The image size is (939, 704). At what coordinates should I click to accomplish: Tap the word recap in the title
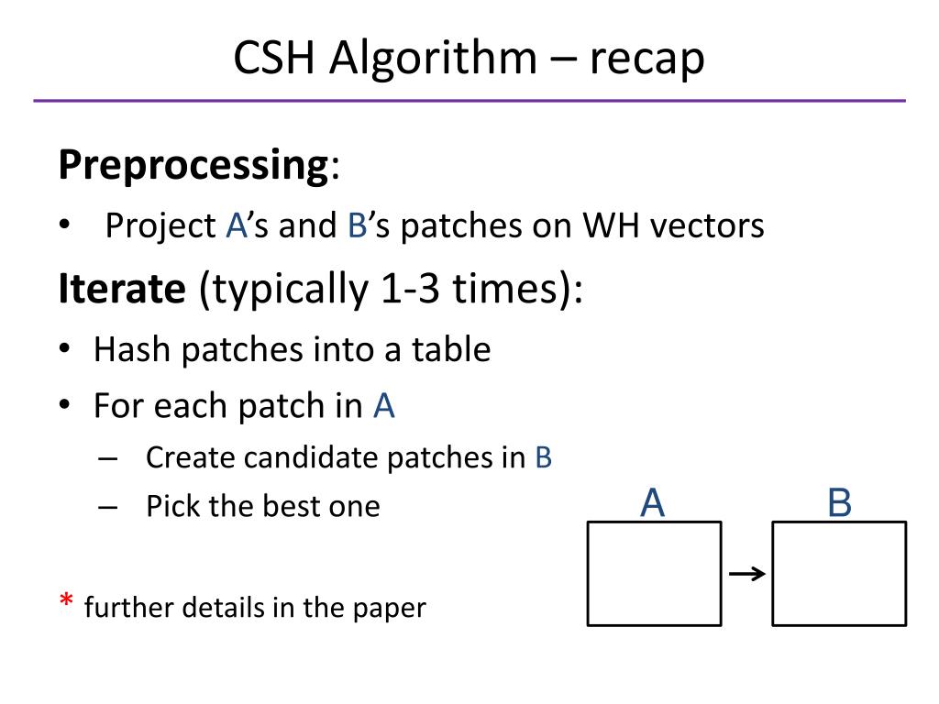646,59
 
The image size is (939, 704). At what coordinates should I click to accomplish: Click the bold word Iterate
122,290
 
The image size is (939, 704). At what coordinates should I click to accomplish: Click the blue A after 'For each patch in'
383,406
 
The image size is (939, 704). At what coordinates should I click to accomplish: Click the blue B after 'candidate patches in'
543,457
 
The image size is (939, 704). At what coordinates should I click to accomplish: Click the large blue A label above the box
652,503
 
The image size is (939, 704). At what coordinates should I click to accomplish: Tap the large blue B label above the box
839,503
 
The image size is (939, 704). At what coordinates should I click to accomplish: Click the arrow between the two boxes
746,575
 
